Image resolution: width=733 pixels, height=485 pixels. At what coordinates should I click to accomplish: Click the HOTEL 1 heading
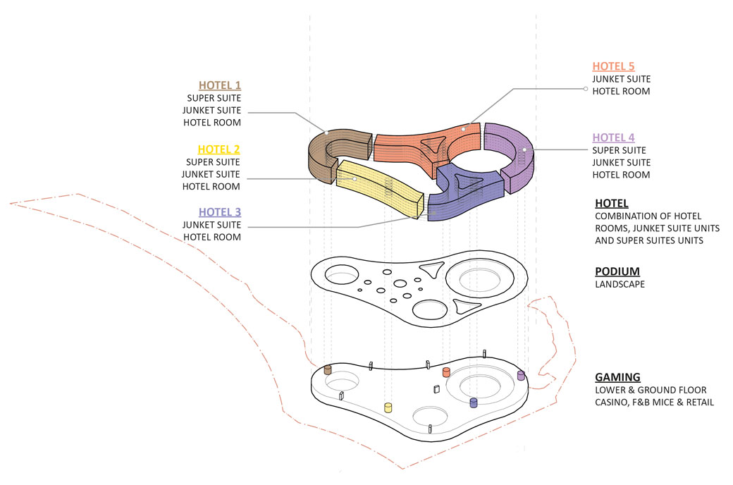219,85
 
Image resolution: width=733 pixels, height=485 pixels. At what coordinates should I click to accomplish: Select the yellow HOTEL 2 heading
218,149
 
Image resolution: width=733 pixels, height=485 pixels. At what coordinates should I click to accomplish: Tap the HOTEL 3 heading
219,211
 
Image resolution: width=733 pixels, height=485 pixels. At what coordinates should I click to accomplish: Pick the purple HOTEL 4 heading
613,137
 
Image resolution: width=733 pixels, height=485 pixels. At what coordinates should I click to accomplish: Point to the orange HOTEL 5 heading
613,66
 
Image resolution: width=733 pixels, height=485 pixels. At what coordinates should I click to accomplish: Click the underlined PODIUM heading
617,271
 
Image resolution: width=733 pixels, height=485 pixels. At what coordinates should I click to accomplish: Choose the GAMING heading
617,377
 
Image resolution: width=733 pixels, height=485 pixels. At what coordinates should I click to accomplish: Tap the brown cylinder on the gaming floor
328,370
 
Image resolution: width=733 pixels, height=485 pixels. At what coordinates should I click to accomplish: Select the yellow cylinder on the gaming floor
388,407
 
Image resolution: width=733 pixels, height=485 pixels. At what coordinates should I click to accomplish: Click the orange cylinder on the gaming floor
445,372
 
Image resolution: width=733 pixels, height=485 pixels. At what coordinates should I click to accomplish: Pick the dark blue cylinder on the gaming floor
474,403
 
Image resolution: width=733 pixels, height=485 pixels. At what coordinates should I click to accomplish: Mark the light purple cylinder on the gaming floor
521,376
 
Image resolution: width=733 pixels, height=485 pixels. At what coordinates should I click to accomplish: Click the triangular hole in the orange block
431,146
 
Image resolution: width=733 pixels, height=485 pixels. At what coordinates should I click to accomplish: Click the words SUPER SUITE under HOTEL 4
619,150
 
